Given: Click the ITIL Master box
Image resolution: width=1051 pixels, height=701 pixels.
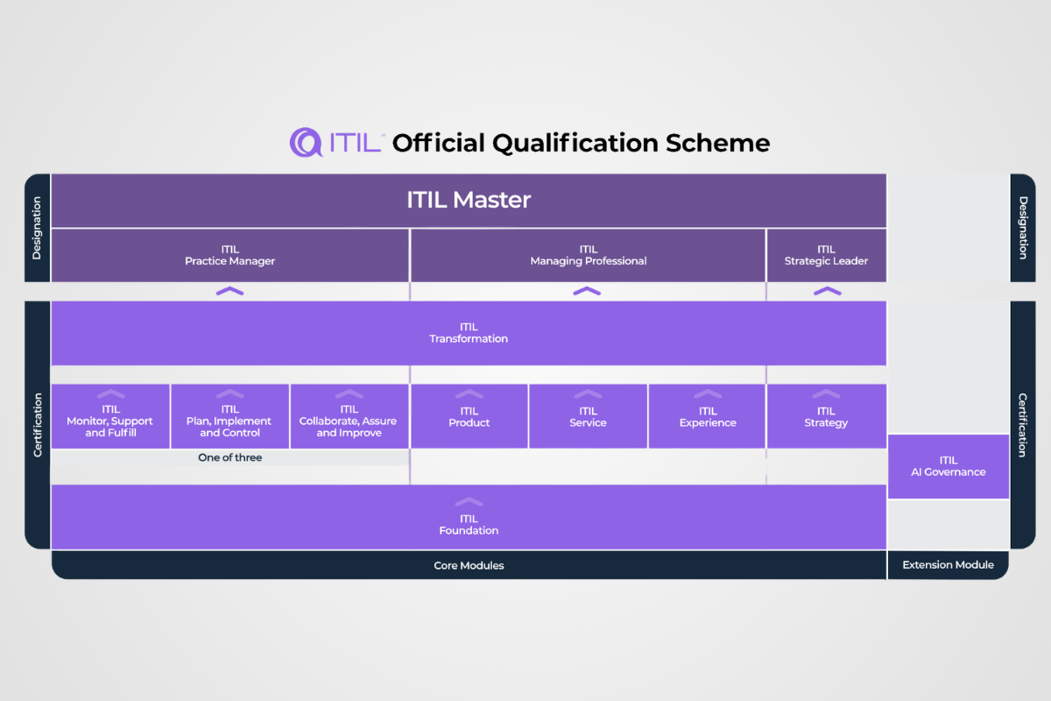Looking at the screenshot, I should [469, 200].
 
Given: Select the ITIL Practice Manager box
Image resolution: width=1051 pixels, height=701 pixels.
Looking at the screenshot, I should [229, 255].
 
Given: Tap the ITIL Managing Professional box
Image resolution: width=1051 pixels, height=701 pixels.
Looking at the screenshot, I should [588, 255].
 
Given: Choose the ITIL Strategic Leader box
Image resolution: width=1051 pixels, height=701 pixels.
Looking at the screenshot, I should [826, 255].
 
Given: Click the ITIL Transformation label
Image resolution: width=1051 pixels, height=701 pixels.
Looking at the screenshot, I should [469, 333].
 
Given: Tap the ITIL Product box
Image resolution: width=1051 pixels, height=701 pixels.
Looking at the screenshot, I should [469, 416].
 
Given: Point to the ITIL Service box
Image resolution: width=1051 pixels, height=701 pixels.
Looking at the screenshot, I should [588, 416].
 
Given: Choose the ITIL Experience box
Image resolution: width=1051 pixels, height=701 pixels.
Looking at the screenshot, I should [707, 416].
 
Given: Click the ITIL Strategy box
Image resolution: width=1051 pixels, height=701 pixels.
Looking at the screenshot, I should [826, 416].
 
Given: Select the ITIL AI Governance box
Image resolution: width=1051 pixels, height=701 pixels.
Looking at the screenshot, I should [949, 466].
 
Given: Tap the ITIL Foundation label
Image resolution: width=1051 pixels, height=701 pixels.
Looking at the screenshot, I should [469, 525].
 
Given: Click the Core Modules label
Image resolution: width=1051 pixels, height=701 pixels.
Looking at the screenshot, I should [469, 565].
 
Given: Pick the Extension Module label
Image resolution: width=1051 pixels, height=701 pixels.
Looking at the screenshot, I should [948, 565].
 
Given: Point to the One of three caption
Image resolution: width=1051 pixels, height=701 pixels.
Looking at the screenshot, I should [229, 457].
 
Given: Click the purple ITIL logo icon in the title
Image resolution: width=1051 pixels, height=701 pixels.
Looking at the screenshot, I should [307, 142].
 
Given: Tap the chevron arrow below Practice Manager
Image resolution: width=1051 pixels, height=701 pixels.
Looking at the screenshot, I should [229, 291].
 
